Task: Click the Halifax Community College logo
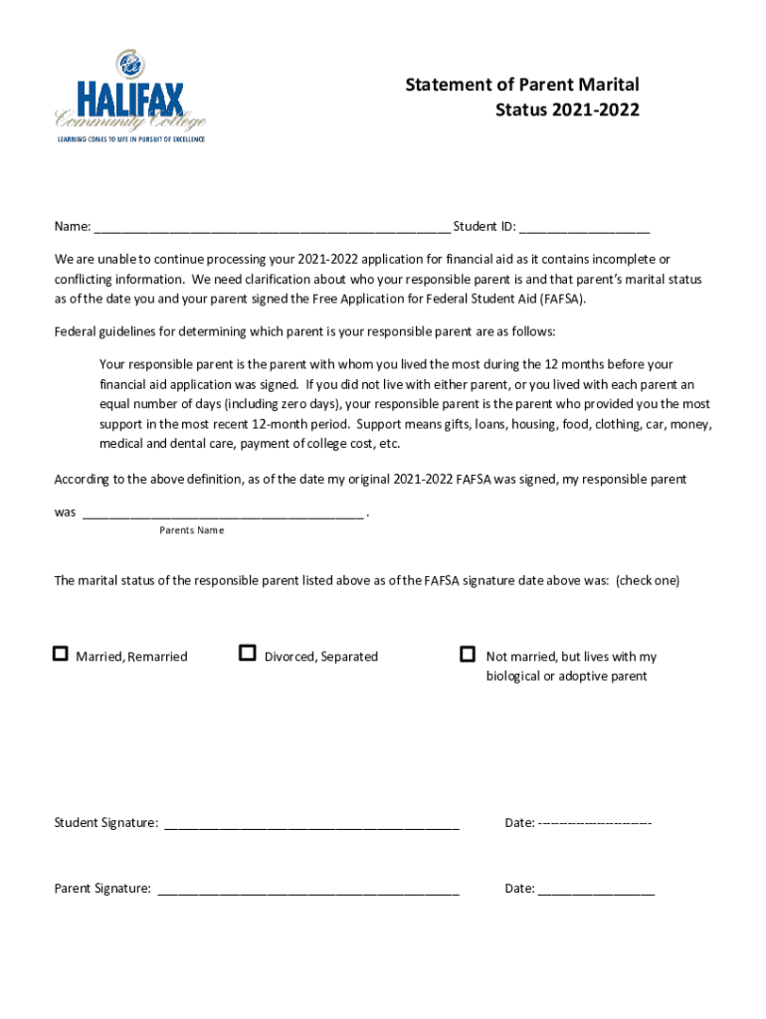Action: (129, 97)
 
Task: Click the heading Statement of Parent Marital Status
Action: (521, 97)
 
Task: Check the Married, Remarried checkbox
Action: (61, 654)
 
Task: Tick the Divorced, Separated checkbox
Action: (248, 654)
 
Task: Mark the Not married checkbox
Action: (468, 654)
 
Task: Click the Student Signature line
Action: (311, 824)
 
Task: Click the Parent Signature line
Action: (307, 890)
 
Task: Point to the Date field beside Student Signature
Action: (594, 823)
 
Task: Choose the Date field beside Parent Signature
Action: (596, 890)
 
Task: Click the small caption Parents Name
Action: (192, 530)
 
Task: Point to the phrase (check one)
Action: (648, 580)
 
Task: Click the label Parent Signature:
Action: (102, 889)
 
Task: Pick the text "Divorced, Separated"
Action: (321, 657)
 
